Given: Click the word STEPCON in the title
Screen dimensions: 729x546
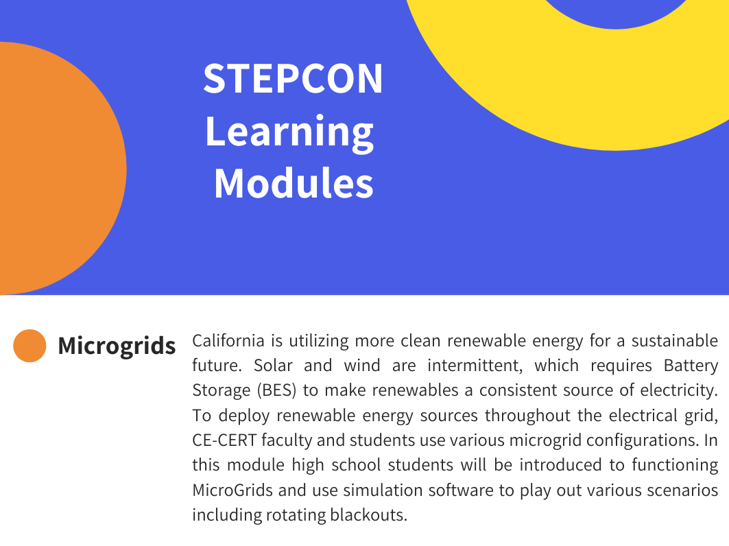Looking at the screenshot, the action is [x=293, y=79].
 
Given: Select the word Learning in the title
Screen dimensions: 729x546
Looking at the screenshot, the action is [x=289, y=132].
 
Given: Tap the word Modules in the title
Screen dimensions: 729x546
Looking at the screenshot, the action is [x=294, y=183].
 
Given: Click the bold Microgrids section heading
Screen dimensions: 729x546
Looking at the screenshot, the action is [x=117, y=346].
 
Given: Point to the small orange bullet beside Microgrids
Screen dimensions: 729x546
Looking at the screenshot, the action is [x=29, y=346].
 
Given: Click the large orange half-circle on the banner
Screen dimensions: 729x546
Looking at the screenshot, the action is [x=60, y=168].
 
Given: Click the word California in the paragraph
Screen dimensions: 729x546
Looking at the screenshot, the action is [x=228, y=341].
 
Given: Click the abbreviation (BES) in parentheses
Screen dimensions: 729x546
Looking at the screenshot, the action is [x=276, y=391].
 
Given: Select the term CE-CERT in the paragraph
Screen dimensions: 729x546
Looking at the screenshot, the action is [x=224, y=440].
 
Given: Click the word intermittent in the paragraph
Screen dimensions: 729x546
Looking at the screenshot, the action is [x=475, y=366].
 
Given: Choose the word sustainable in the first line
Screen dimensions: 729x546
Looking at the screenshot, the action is [x=675, y=341].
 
